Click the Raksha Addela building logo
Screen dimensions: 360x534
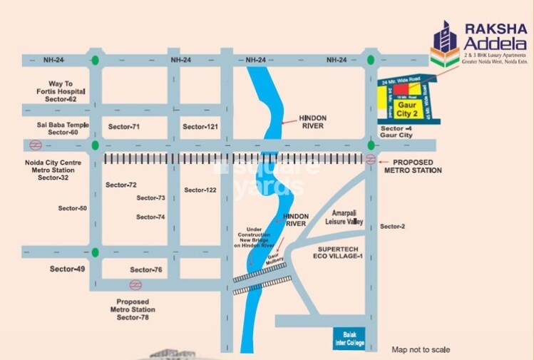click(445, 44)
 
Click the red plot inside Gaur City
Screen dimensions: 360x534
click(405, 97)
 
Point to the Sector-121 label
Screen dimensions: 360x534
click(199, 126)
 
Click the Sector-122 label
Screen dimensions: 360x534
click(200, 190)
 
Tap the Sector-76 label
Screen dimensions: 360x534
click(146, 269)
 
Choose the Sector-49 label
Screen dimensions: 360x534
click(67, 269)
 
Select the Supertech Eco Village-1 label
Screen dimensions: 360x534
click(339, 254)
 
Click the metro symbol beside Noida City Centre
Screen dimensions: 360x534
click(34, 145)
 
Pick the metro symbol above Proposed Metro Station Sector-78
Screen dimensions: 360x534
click(135, 284)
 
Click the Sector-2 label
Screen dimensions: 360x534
click(392, 226)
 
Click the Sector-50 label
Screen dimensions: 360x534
click(72, 208)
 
